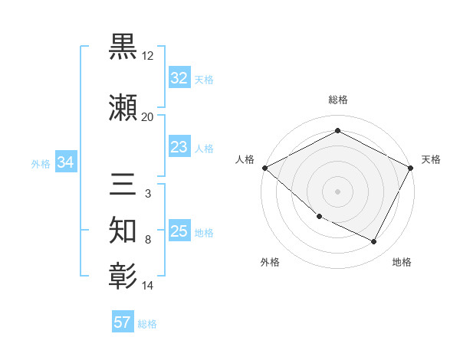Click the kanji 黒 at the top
pos(123,47)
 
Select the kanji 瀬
pos(123,108)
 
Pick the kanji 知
pos(123,231)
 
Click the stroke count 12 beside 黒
pos(148,56)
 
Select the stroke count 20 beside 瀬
pos(147,117)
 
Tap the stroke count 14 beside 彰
pos(148,286)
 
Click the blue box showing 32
pos(179,78)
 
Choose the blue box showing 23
pos(179,147)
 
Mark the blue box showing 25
pos(179,231)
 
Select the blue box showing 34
pos(65,162)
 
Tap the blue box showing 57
pos(123,322)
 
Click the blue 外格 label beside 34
pos(41,163)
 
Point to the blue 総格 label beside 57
pos(147,324)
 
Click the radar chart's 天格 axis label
pos(431,159)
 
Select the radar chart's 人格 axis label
pos(245,159)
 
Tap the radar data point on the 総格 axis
pos(337,131)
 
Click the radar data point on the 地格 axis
pos(374,242)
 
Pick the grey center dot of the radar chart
pos(337,191)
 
